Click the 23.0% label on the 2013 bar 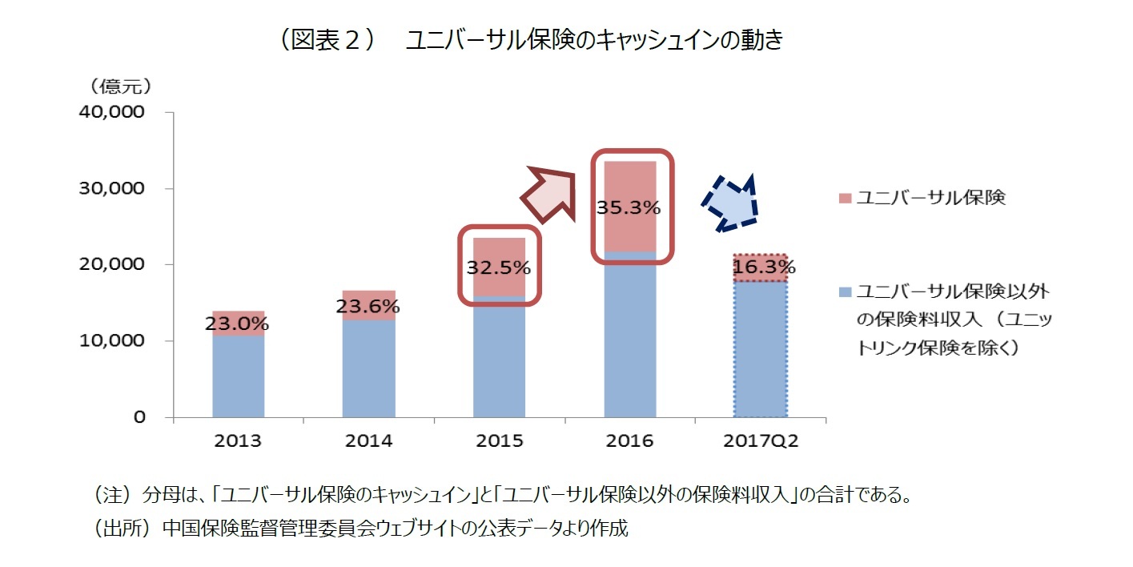[237, 324]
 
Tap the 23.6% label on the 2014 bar [368, 306]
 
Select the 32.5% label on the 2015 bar [498, 267]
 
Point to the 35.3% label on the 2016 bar [629, 207]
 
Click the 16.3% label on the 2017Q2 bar [763, 267]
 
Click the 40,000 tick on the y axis [112, 113]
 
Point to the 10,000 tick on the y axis [112, 341]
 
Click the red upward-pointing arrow [550, 194]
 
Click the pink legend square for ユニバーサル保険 [844, 199]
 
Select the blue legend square [844, 292]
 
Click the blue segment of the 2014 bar [368, 368]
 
